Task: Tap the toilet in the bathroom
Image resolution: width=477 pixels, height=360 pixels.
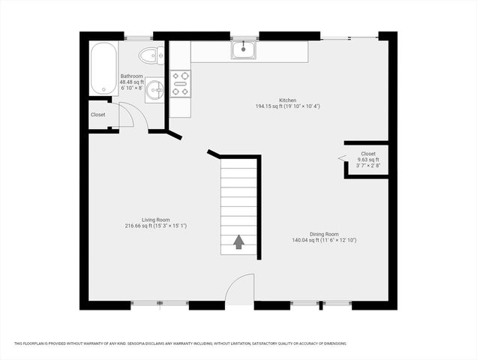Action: (x=152, y=54)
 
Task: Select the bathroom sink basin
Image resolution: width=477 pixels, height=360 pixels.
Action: (x=154, y=91)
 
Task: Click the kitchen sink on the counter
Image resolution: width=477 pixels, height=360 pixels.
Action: (x=244, y=50)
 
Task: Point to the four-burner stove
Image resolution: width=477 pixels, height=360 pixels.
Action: (x=180, y=83)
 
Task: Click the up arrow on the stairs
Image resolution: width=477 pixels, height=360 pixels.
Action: (x=239, y=241)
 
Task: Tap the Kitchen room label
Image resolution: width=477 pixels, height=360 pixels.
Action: (x=288, y=100)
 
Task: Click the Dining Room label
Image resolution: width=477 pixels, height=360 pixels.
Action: (x=324, y=234)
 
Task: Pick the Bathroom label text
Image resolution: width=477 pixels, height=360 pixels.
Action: (x=132, y=76)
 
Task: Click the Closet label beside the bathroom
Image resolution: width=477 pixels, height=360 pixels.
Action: (x=98, y=115)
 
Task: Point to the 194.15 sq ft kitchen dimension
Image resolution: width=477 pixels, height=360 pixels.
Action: (x=288, y=106)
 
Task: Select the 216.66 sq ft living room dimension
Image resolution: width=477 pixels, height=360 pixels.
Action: (x=155, y=226)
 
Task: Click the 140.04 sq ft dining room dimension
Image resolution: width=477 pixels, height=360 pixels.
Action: (x=324, y=240)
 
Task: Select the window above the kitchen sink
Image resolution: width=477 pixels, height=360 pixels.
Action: (x=244, y=36)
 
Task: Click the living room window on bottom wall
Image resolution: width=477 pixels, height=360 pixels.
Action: (x=159, y=304)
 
